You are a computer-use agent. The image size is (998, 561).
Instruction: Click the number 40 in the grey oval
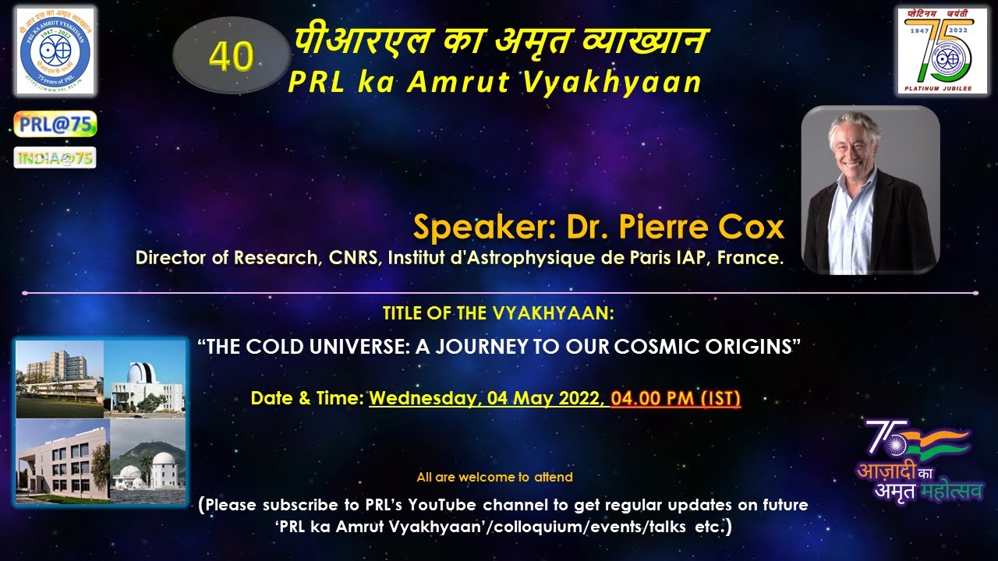point(232,56)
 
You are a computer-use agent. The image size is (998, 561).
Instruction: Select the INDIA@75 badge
point(55,158)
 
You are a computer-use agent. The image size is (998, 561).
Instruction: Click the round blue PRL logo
point(55,51)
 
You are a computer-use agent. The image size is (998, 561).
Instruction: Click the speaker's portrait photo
point(870,190)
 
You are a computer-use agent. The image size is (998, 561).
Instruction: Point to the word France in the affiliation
point(756,258)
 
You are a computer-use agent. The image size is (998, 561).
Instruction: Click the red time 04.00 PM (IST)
point(676,399)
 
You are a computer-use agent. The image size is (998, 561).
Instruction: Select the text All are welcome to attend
point(494,477)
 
